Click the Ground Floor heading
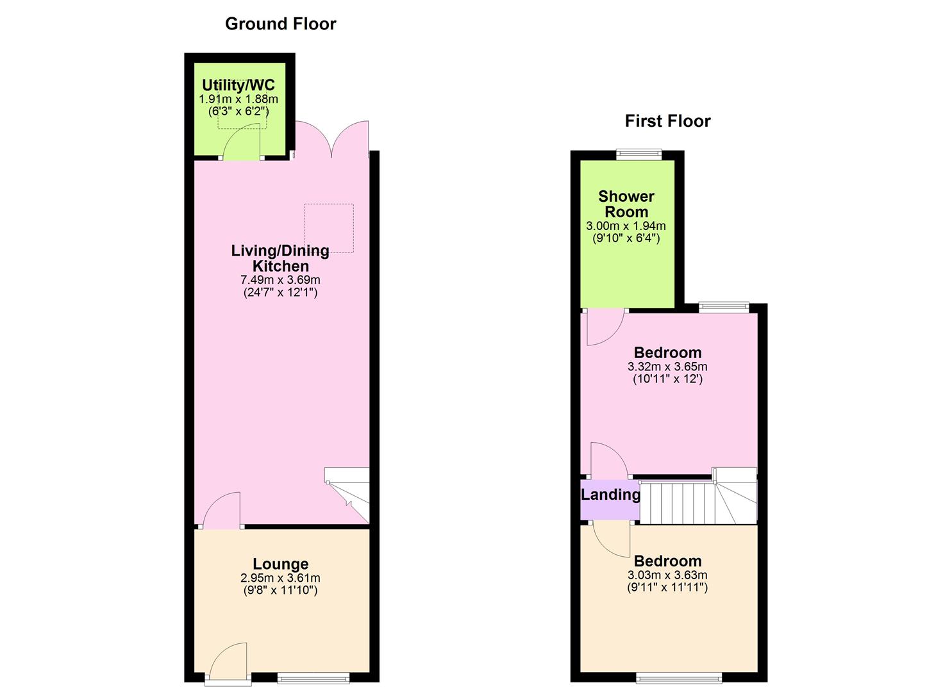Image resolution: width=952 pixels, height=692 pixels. coord(280,24)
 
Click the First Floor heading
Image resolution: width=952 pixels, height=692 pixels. coord(667,121)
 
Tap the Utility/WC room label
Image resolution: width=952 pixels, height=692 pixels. coord(238,85)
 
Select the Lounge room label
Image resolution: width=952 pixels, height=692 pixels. coord(280,564)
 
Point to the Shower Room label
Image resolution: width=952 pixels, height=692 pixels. coord(626,204)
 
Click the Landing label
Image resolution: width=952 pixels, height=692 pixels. coord(610,495)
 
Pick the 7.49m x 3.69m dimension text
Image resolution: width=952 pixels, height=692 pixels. coord(280,280)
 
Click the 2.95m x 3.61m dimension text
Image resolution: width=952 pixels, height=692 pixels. coord(280,578)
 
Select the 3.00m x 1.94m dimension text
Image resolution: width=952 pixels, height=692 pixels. coord(626,226)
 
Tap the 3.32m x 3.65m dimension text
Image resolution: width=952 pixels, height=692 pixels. coord(667,367)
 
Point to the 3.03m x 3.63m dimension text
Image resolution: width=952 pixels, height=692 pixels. coord(667,575)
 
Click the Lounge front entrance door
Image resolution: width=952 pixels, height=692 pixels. coord(228,660)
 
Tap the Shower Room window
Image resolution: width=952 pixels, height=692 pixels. coord(639,154)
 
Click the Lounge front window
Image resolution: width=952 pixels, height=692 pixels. coord(313,677)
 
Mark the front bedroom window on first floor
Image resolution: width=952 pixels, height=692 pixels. coord(679,677)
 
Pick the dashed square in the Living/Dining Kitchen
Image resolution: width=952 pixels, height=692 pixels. coord(329,227)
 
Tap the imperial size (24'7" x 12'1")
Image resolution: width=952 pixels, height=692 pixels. coord(280,293)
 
